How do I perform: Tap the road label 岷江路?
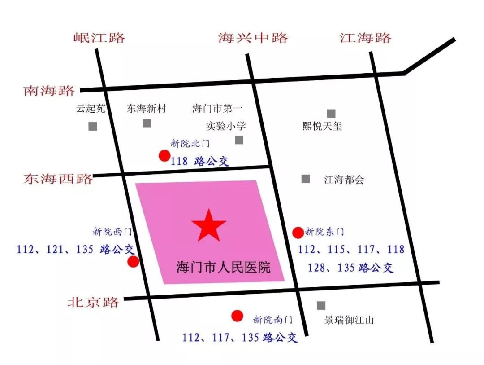pyautogui.click(x=99, y=37)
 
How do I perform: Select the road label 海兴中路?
pyautogui.click(x=253, y=37)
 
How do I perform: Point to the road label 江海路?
pyautogui.click(x=365, y=37)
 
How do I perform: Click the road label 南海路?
pyautogui.click(x=49, y=91)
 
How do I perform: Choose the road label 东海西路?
pyautogui.click(x=58, y=178)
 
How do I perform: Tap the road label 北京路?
pyautogui.click(x=93, y=302)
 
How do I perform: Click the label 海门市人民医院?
pyautogui.click(x=223, y=268)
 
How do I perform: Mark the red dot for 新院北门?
pyautogui.click(x=164, y=156)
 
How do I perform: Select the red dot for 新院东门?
pyautogui.click(x=298, y=232)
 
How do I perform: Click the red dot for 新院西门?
pyautogui.click(x=133, y=262)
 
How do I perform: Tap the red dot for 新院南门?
pyautogui.click(x=237, y=316)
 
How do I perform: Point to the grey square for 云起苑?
pyautogui.click(x=93, y=126)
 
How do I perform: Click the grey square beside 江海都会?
pyautogui.click(x=306, y=179)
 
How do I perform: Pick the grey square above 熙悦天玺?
pyautogui.click(x=331, y=114)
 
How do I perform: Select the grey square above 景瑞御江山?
pyautogui.click(x=321, y=305)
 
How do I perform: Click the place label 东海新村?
pyautogui.click(x=146, y=109)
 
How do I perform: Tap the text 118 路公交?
pyautogui.click(x=200, y=161)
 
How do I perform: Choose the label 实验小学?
pyautogui.click(x=226, y=126)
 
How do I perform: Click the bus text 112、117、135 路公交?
pyautogui.click(x=240, y=337)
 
